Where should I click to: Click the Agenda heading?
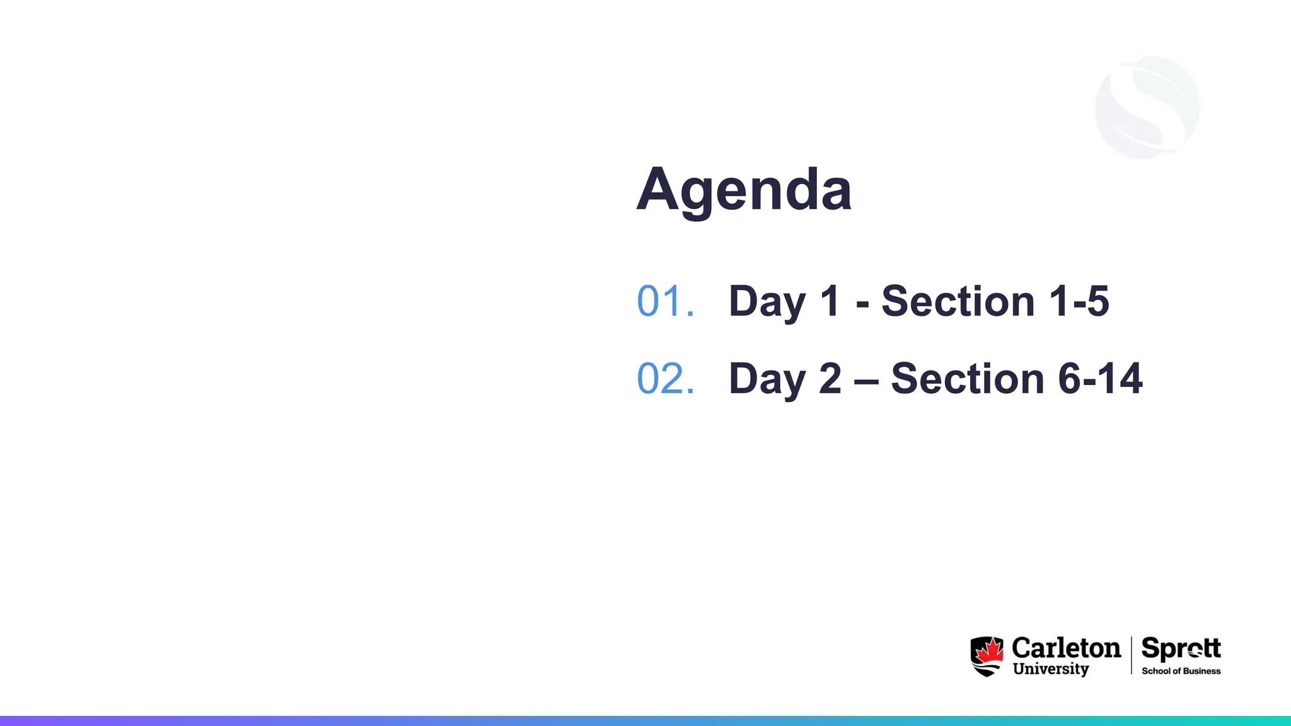744,189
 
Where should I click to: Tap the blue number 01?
665,301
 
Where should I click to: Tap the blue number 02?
665,379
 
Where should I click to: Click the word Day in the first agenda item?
767,301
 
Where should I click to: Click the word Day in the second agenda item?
767,379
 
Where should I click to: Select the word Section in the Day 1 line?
958,301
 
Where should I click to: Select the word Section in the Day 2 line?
967,379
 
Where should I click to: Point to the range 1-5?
1079,301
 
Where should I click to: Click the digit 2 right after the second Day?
830,379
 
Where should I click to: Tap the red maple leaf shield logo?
987,656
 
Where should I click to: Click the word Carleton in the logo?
1066,648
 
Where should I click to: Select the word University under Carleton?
1050,669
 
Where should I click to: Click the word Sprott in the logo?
1181,648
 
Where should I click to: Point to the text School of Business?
1181,671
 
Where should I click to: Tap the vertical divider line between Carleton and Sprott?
1132,655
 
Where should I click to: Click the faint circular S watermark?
1147,107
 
